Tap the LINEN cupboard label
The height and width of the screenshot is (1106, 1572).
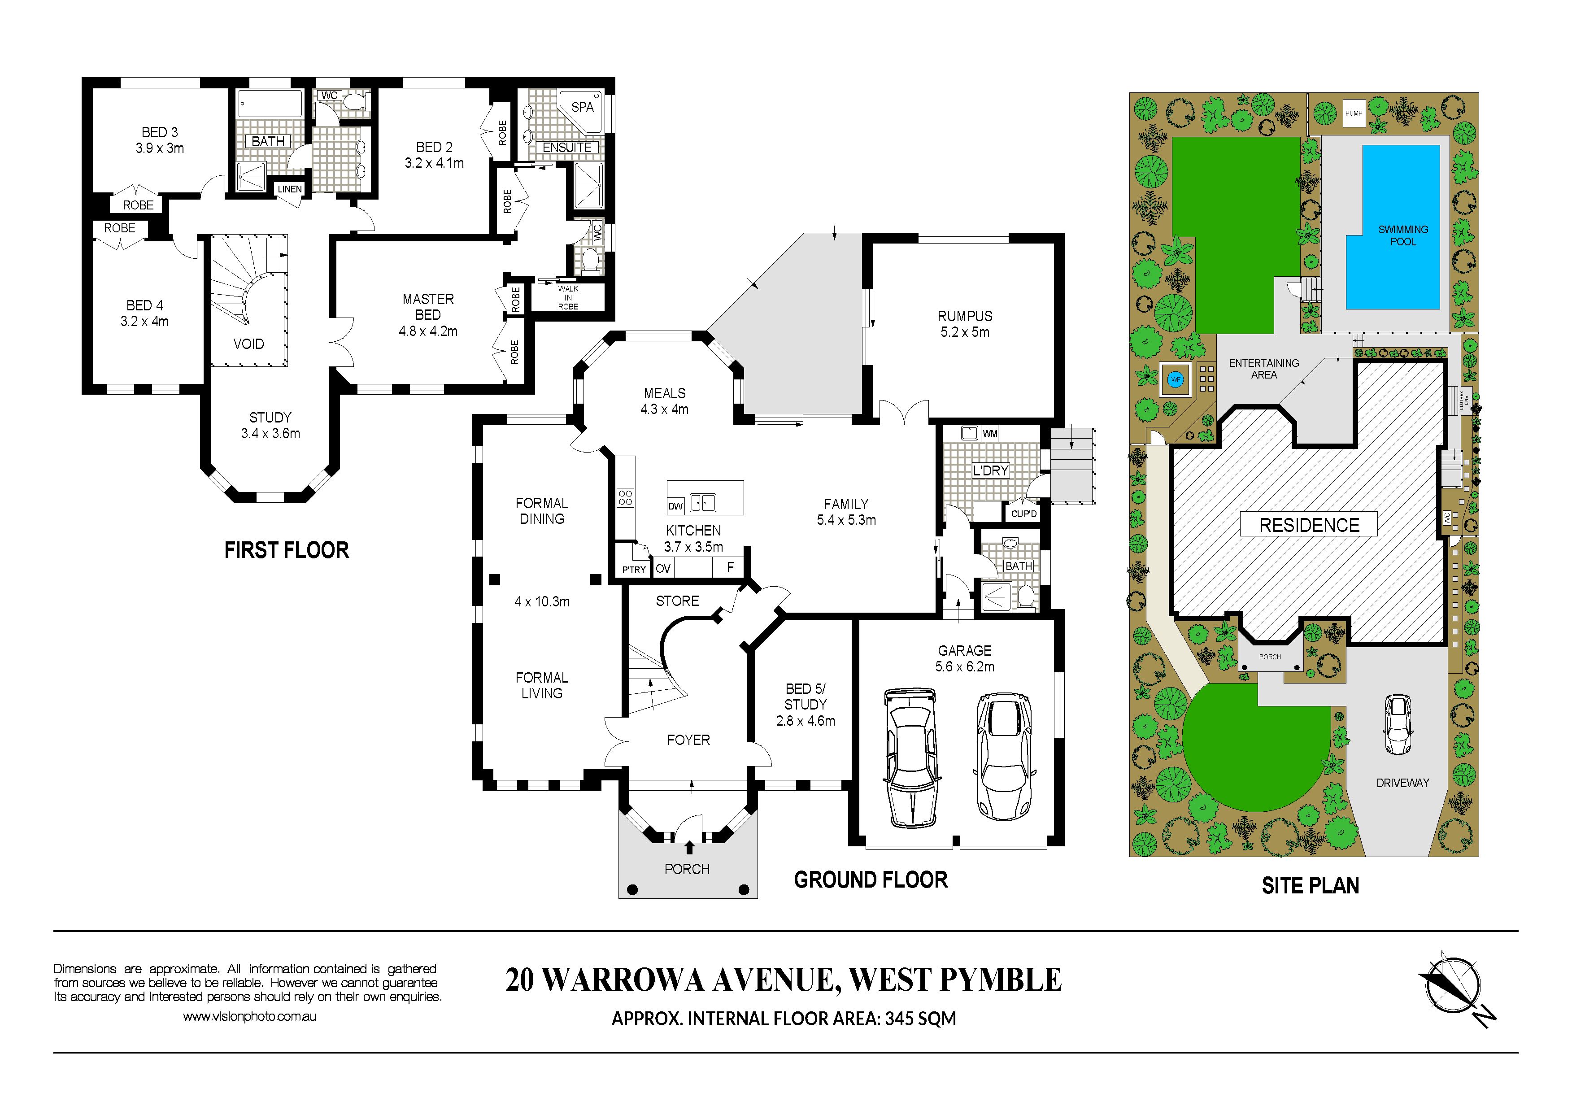290,189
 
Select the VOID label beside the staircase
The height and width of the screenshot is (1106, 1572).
248,344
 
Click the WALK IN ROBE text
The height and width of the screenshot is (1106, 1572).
568,298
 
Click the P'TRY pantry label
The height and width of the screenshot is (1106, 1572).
633,570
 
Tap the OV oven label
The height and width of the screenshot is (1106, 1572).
663,568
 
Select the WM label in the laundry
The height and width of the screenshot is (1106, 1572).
990,434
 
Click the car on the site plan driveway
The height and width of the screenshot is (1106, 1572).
1398,724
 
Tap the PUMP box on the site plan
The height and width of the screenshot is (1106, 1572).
1354,113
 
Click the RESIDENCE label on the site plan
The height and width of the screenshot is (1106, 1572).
1309,525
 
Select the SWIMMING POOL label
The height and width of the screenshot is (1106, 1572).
1403,235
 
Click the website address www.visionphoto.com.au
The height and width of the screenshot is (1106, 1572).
249,1017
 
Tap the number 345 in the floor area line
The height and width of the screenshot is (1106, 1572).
898,1019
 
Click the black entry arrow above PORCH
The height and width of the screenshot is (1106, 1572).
689,847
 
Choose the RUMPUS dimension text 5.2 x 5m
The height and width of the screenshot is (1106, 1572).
965,332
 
